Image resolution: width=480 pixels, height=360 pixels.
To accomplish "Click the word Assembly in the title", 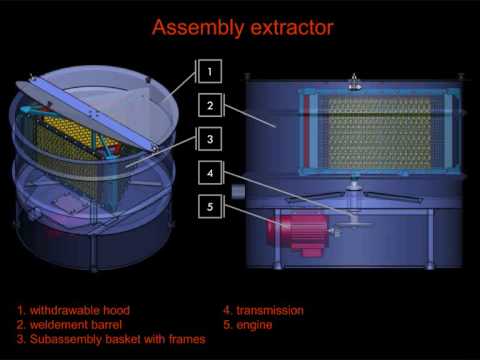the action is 198,28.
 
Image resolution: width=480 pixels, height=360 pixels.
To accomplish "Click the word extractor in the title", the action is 292,28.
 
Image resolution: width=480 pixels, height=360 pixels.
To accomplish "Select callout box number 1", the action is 210,71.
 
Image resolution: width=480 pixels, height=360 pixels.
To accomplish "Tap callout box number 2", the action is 210,105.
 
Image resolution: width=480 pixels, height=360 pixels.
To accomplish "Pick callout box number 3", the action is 210,139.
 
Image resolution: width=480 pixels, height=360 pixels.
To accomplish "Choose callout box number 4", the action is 210,173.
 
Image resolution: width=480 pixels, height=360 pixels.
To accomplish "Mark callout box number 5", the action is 210,206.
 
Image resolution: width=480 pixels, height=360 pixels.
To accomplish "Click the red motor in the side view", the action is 297,234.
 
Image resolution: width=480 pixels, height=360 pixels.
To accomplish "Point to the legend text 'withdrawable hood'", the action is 80,310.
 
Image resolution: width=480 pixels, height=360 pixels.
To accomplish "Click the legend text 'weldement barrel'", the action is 76,325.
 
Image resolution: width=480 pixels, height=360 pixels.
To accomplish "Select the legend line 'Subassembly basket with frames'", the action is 111,339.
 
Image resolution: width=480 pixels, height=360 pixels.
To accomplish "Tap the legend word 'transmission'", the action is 270,310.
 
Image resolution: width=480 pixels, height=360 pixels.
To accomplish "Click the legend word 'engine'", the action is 254,325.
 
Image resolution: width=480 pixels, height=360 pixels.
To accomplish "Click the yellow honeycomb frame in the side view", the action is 380,132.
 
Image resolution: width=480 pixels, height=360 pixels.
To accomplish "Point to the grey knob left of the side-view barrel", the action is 238,192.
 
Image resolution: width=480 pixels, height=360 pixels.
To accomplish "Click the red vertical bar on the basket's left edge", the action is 306,131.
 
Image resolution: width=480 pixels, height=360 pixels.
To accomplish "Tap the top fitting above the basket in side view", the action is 354,82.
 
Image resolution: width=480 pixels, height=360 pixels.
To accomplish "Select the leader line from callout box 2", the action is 250,116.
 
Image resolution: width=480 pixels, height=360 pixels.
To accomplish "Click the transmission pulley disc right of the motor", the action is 355,224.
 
